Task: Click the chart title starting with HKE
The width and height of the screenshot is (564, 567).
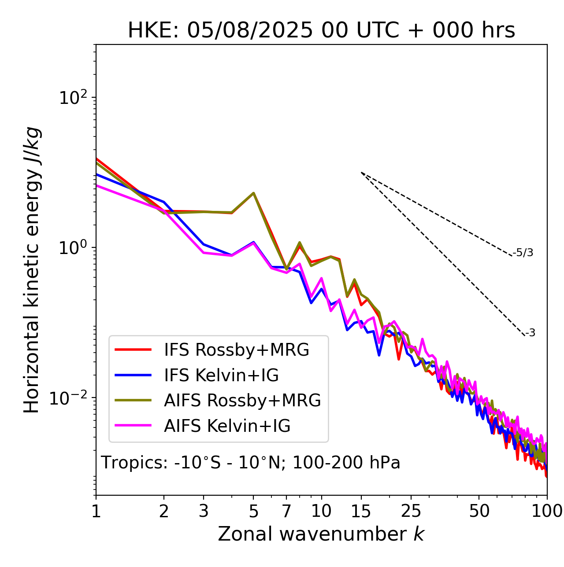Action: (x=321, y=31)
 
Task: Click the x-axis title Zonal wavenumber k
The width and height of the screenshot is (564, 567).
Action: (x=321, y=534)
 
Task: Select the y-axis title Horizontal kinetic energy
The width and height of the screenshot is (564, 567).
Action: (x=32, y=270)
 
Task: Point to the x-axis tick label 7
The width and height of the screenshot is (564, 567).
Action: (x=286, y=511)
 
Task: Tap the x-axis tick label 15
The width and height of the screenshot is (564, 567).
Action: (x=361, y=511)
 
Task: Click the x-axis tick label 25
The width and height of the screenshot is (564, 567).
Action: (x=411, y=511)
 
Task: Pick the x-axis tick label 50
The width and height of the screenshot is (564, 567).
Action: (x=479, y=511)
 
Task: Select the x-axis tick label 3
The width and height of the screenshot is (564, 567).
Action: (x=204, y=511)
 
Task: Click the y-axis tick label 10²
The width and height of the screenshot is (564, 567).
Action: (x=74, y=98)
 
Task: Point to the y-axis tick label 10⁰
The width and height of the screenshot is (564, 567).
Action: (x=74, y=248)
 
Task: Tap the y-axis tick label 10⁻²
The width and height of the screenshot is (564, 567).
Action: (x=70, y=398)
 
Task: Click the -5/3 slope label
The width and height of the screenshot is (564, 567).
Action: (x=523, y=253)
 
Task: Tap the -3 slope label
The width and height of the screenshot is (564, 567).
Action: (x=530, y=333)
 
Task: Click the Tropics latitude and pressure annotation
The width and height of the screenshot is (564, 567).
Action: (x=251, y=463)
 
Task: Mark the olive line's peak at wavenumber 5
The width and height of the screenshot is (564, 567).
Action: (x=253, y=193)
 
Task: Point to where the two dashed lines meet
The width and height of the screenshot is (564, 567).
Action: (x=361, y=173)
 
